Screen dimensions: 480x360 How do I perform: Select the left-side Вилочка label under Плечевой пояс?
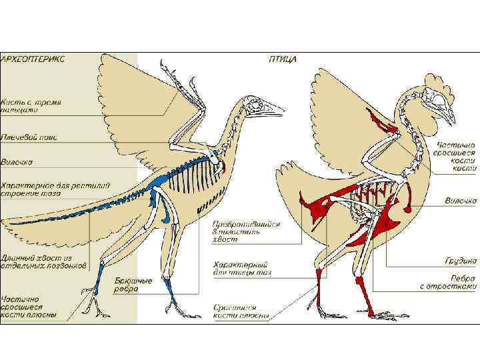[x=17, y=161]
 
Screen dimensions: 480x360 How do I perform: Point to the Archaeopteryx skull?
[x=255, y=105]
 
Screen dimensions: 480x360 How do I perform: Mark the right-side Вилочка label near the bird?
[x=461, y=200]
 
